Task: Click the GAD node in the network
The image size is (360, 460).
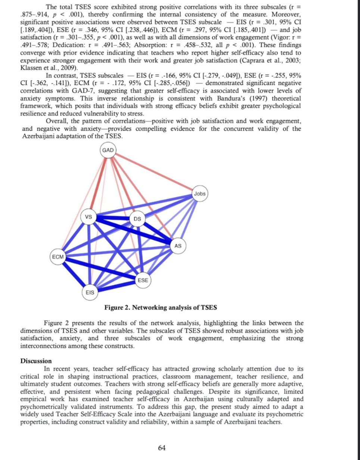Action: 108,150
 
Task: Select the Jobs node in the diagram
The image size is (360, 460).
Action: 200,194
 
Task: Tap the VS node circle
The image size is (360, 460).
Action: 89,217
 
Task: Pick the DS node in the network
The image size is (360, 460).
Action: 137,219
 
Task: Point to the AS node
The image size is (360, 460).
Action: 178,246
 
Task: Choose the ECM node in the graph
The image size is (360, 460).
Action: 58,257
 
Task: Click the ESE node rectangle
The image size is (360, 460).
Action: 143,280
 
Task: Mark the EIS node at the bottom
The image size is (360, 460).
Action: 90,292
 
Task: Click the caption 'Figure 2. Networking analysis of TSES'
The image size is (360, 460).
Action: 161,308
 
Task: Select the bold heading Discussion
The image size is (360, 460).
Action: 36,361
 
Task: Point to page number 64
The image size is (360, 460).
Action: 162,448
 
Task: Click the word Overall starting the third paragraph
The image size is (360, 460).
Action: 58,121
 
